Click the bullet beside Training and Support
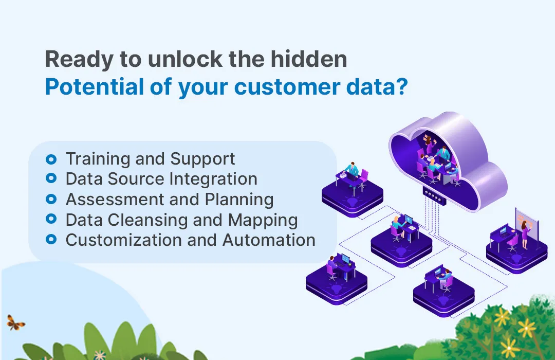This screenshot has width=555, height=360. (51, 159)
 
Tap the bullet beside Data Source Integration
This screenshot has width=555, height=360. (51, 179)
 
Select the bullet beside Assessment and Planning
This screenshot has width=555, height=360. (51, 199)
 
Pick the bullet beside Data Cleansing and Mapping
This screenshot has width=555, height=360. (51, 220)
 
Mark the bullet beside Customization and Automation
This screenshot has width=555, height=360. (51, 240)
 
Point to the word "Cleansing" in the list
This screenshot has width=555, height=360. (145, 220)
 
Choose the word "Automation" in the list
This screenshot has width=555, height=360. (269, 240)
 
